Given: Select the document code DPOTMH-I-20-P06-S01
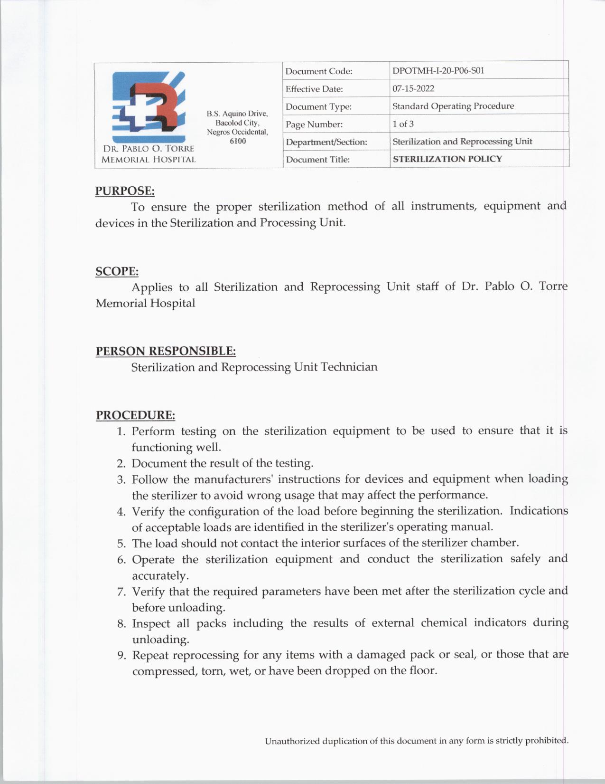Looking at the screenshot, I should pos(438,71).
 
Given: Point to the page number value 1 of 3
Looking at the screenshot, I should pos(403,124).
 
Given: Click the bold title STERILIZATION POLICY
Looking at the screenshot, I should pos(447,159).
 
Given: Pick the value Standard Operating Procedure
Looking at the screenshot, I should pos(453,106).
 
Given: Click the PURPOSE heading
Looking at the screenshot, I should pos(125,191).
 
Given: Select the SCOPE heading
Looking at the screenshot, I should pos(117,272).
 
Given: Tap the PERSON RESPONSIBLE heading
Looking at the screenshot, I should pos(166,351).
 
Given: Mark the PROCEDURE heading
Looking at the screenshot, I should pos(135,415).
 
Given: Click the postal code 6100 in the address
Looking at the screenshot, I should pos(237,141).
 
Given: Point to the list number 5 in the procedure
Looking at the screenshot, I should pos(121,544).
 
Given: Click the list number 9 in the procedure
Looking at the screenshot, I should pos(121,656).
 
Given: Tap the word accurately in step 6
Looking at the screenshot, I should pos(160,576).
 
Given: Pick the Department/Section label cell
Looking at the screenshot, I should pos(326,142).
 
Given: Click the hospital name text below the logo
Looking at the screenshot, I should pos(149,154).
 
